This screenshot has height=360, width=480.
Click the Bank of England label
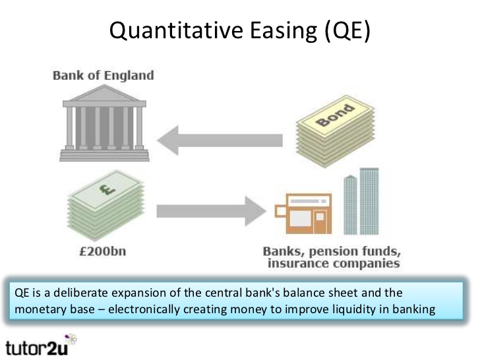[103, 75]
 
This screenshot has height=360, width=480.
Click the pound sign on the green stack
[103, 191]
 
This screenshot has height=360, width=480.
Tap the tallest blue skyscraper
[369, 201]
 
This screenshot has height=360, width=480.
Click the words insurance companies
[333, 264]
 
